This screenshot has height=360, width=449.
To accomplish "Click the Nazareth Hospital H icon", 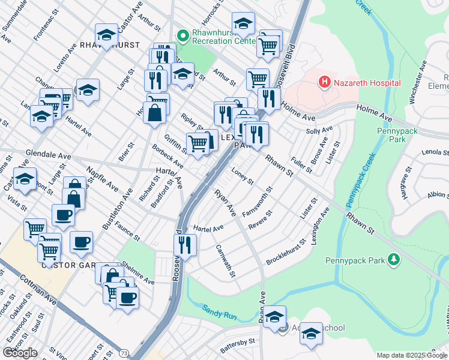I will (325, 81).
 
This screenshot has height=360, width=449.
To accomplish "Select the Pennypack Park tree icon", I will (393, 260).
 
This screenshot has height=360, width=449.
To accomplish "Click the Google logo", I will (20, 353).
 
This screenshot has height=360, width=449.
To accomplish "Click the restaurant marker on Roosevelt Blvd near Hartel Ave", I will (185, 245).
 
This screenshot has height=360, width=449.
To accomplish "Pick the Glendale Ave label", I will (48, 155).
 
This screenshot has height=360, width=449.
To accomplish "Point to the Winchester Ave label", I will (417, 83).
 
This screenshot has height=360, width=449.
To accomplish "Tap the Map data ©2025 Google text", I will (412, 355).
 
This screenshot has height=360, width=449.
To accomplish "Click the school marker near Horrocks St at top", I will (243, 23).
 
